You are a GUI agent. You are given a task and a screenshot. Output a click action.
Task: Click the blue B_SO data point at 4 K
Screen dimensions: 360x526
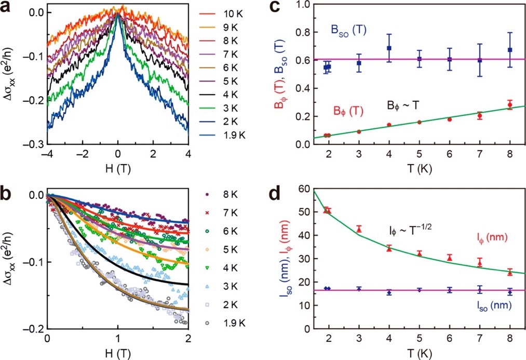click(x=389, y=48)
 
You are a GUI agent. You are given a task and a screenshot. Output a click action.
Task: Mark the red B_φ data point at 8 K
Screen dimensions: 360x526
click(x=510, y=105)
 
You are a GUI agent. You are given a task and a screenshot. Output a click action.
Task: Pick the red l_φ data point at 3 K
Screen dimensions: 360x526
click(x=359, y=229)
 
